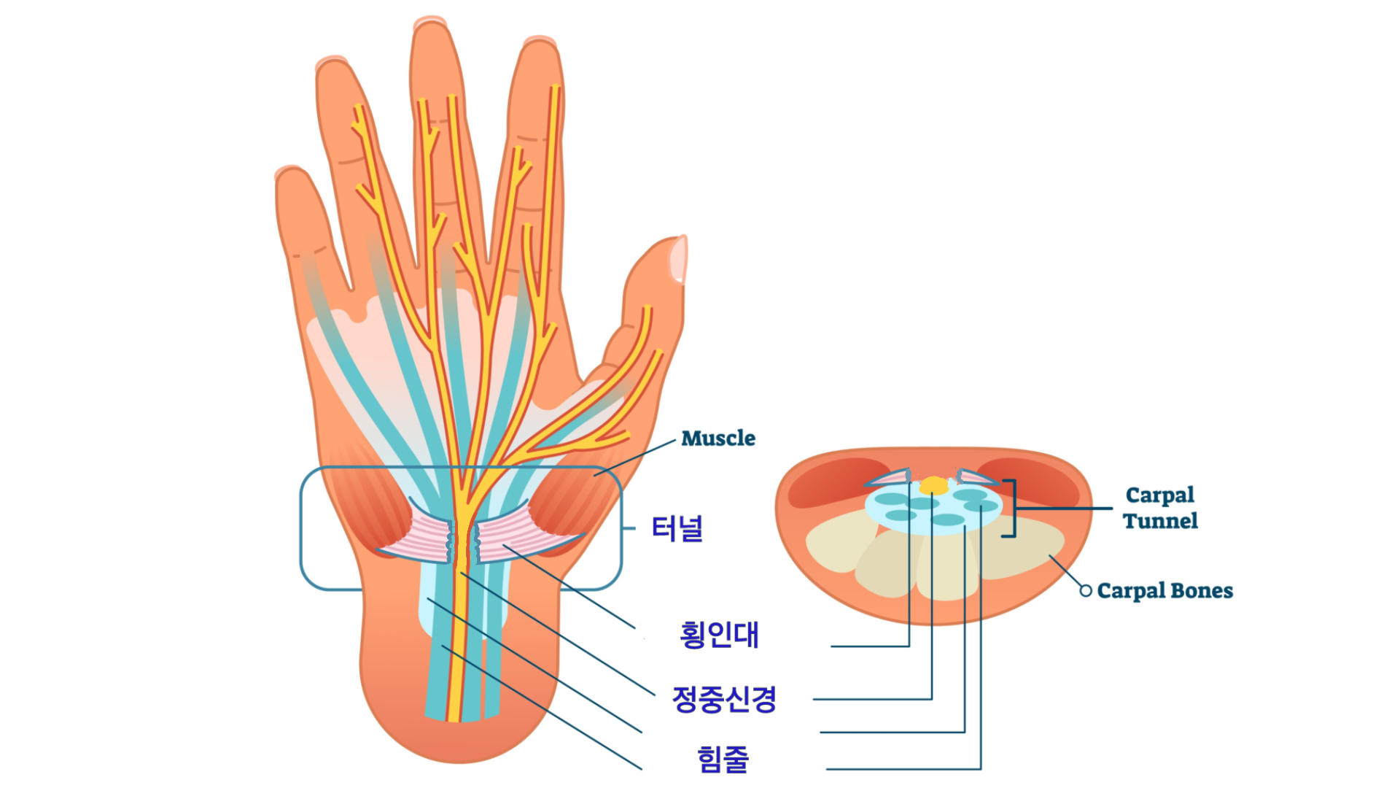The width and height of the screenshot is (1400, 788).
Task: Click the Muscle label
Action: click(x=717, y=439)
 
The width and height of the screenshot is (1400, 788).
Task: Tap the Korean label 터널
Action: click(x=677, y=528)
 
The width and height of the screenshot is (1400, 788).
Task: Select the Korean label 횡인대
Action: click(x=719, y=635)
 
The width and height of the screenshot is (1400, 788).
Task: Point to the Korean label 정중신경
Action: click(x=724, y=699)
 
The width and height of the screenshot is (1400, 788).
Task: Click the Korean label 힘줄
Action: click(x=723, y=759)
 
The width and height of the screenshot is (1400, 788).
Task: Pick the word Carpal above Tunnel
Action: click(x=1159, y=495)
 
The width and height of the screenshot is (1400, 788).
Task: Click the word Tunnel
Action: click(x=1159, y=521)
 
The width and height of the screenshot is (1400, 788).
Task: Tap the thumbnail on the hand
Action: click(x=679, y=259)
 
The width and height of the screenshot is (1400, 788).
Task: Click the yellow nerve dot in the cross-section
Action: click(x=933, y=485)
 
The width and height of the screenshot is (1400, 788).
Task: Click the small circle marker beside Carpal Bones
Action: click(x=1086, y=590)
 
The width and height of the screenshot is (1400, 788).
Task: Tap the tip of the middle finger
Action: click(x=430, y=29)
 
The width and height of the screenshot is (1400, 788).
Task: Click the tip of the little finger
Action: click(x=290, y=175)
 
